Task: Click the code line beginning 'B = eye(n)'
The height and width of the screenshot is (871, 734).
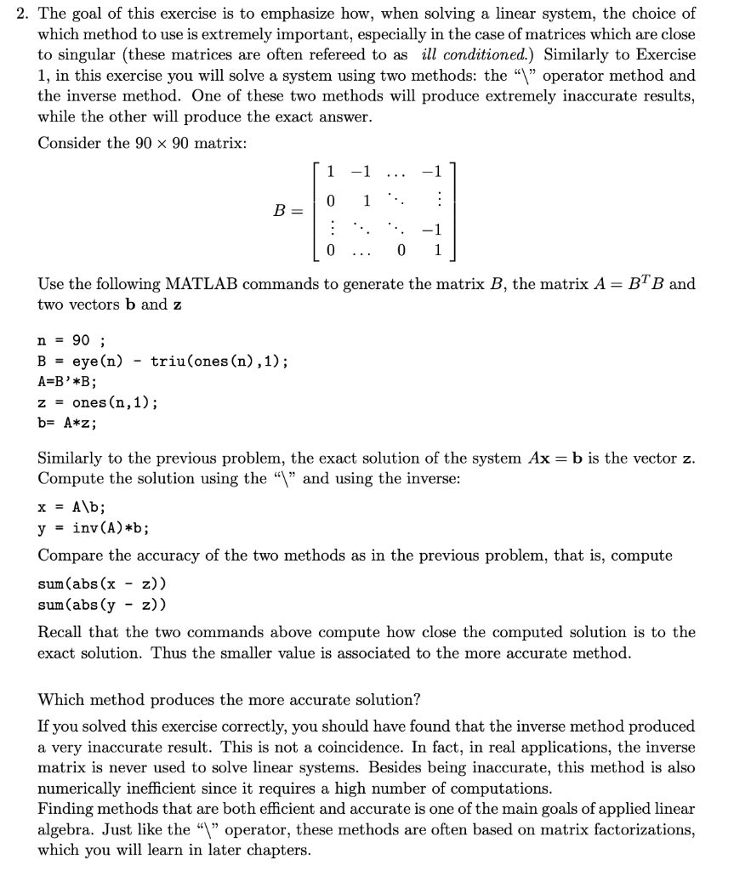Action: [x=162, y=361]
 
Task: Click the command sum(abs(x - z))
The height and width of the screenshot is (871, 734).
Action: [x=102, y=584]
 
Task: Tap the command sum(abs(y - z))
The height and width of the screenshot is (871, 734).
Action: [x=102, y=605]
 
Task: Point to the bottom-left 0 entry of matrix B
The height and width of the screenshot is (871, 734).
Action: [x=331, y=251]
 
